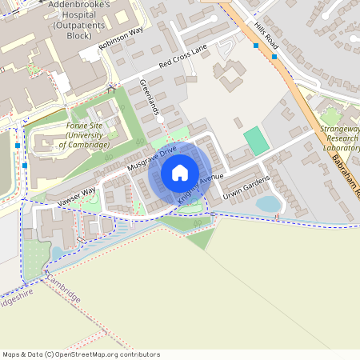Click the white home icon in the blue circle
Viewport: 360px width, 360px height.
pos(180,172)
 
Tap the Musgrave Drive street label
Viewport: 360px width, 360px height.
pos(152,159)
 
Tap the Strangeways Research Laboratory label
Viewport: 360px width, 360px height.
pos(340,138)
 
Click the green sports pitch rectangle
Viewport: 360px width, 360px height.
pos(256,141)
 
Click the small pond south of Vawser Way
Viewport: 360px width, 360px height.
pos(57,254)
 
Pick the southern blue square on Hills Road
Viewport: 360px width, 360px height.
pos(274,57)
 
